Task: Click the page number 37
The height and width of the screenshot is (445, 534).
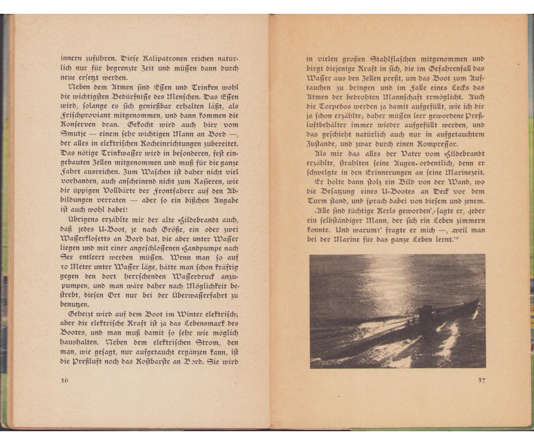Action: tap(481, 380)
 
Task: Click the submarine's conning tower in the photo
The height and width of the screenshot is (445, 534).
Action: tap(426, 314)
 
